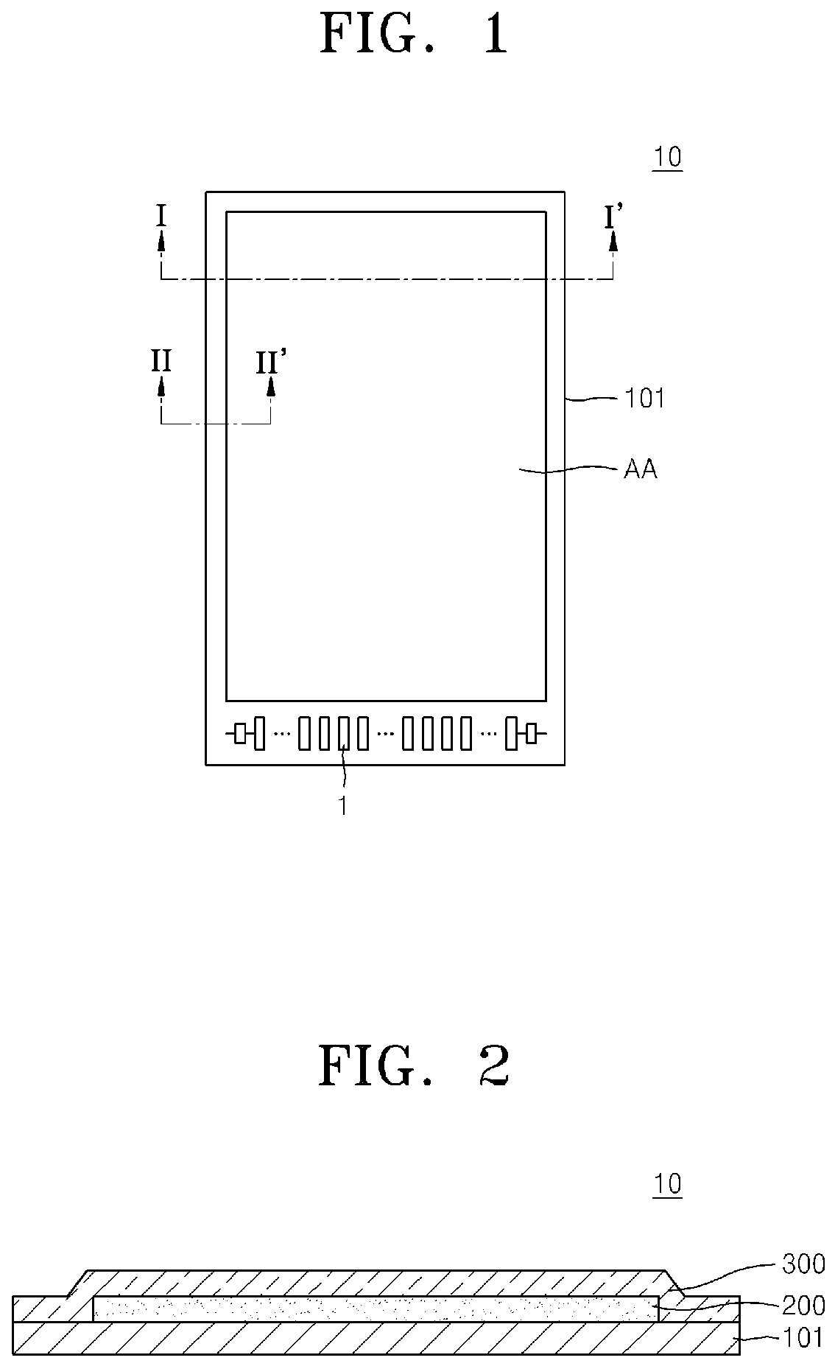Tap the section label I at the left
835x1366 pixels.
coord(161,216)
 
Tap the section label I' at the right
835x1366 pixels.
coord(613,217)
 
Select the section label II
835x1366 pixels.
coord(161,361)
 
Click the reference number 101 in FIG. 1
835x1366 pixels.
coord(644,399)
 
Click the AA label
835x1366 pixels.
coord(640,469)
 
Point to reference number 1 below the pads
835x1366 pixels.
coord(342,806)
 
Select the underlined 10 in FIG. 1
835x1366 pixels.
coord(667,158)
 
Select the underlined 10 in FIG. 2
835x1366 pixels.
coord(667,1185)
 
